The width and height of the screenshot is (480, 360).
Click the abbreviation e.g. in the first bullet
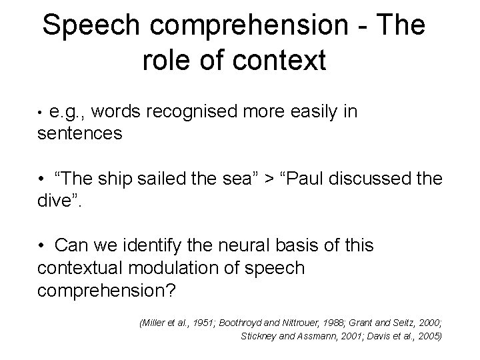click(65, 111)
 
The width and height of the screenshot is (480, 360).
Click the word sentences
click(80, 133)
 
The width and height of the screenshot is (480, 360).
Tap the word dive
click(55, 199)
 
